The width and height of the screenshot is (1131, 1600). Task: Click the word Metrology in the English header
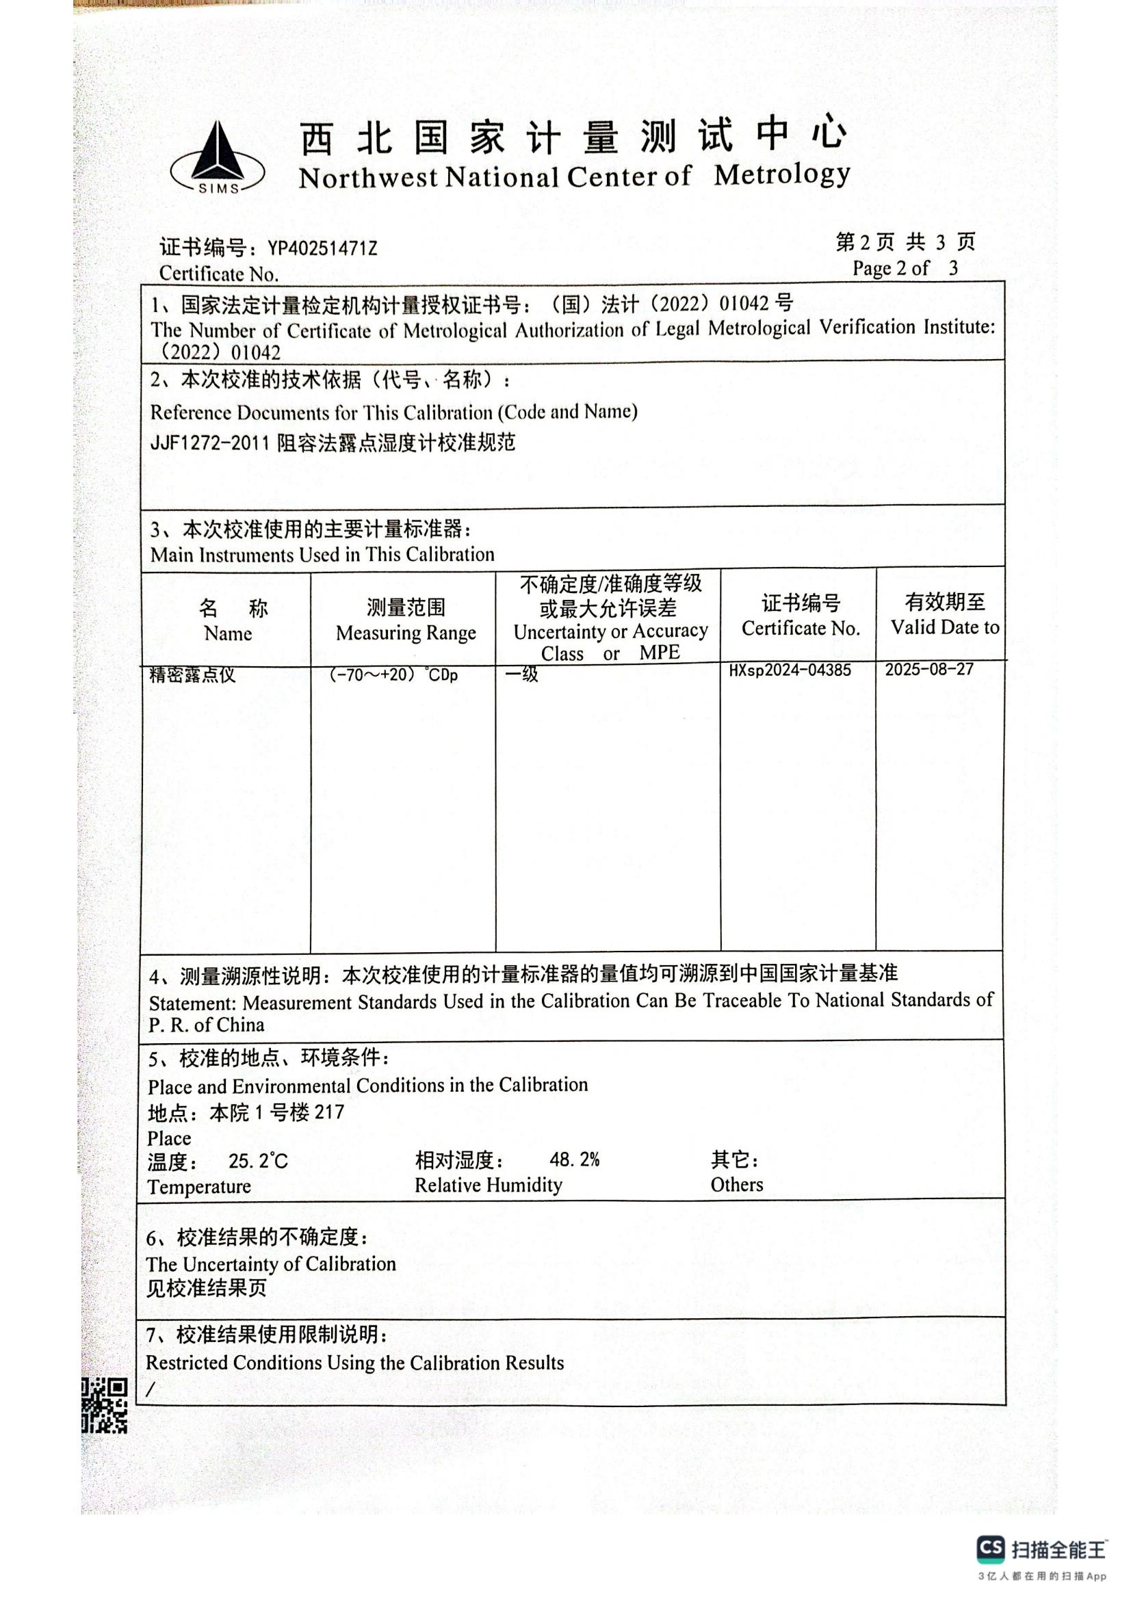tap(781, 175)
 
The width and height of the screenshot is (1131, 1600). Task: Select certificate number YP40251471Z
tap(322, 249)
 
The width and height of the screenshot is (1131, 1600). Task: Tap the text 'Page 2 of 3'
tap(905, 268)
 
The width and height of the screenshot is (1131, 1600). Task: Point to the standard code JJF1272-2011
tap(209, 443)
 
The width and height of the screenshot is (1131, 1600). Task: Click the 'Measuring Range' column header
tap(406, 633)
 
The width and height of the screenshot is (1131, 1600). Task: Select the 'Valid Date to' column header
tap(944, 627)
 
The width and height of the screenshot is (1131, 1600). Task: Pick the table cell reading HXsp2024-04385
tap(790, 670)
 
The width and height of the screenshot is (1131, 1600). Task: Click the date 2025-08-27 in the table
tap(929, 670)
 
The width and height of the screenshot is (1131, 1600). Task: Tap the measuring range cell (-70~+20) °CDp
tap(393, 674)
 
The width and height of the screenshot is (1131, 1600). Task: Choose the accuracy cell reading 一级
tap(522, 674)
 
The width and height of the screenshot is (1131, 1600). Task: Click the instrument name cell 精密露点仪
tap(192, 674)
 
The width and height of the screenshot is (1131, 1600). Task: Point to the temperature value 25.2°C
tap(258, 1161)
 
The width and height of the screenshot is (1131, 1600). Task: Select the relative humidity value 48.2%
tap(574, 1159)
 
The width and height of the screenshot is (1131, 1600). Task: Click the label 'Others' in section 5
tap(737, 1185)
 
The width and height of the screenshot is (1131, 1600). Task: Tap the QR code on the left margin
tap(105, 1405)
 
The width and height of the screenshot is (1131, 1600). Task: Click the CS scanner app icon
tap(990, 1549)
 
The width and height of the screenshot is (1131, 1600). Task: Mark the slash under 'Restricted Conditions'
tap(151, 1389)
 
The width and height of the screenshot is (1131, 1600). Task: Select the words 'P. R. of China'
tap(206, 1025)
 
